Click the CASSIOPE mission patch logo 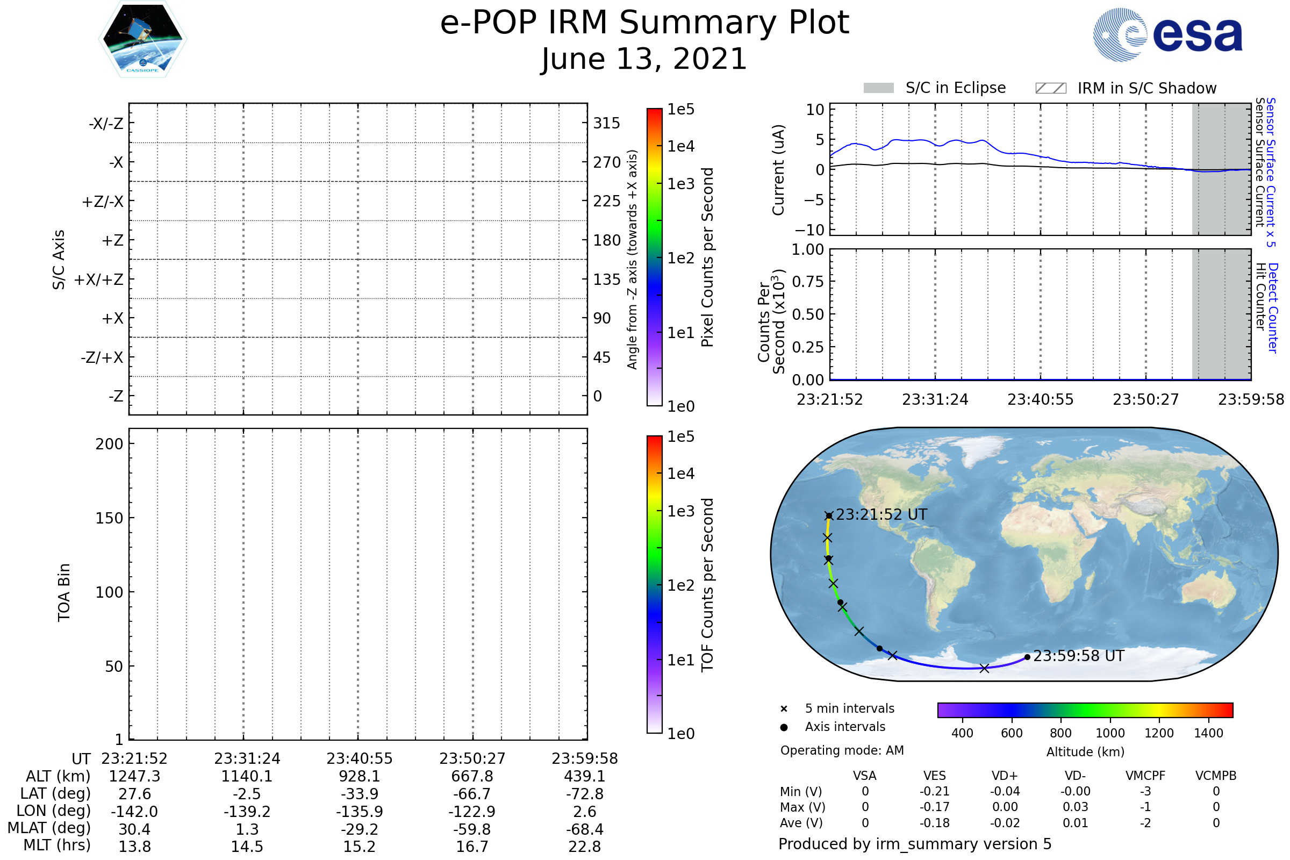[142, 38]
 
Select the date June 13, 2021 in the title [644, 59]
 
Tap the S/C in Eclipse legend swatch [878, 88]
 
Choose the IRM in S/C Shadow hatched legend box [1050, 88]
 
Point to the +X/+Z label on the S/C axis [99, 279]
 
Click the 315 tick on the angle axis [607, 123]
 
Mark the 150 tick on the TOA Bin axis [109, 518]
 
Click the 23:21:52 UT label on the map [881, 514]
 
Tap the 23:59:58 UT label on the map [1078, 656]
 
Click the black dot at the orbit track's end [1027, 657]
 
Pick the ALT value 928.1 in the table [359, 777]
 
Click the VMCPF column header [1145, 776]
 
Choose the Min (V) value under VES [935, 791]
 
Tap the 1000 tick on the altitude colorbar [1110, 733]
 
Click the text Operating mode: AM [842, 750]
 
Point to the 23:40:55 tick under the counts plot [1041, 399]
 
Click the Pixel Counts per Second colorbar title [707, 257]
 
